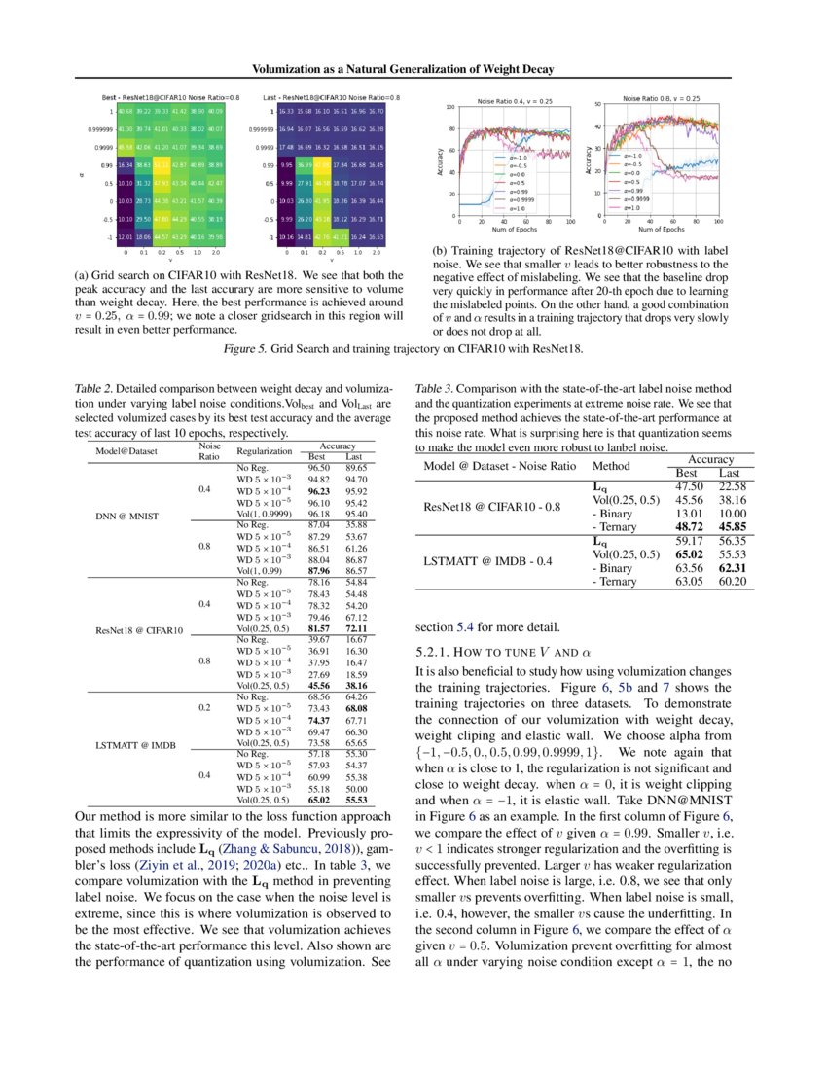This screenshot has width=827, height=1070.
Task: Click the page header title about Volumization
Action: [413, 69]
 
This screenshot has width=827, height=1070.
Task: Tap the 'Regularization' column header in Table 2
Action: [264, 451]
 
